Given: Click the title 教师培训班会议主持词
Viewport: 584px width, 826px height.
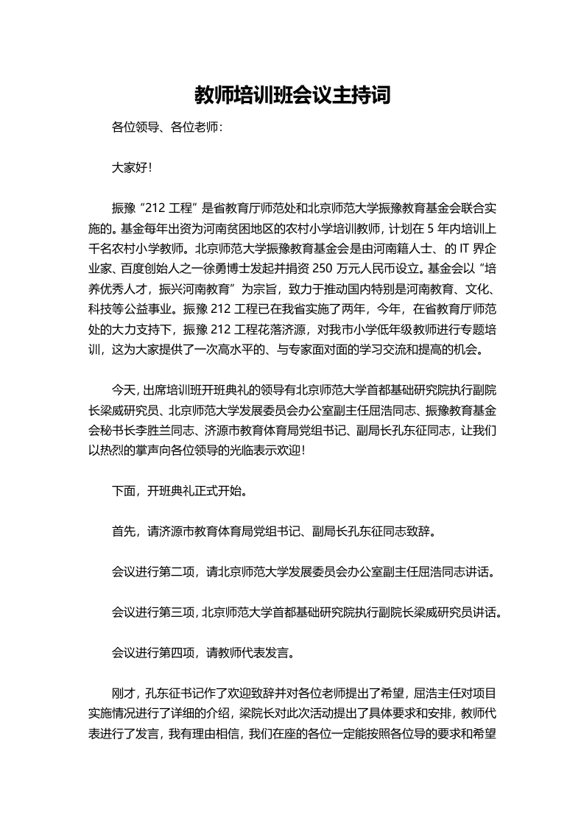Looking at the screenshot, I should tap(292, 95).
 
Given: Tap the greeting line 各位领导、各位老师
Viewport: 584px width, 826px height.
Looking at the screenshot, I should tap(166, 128).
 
